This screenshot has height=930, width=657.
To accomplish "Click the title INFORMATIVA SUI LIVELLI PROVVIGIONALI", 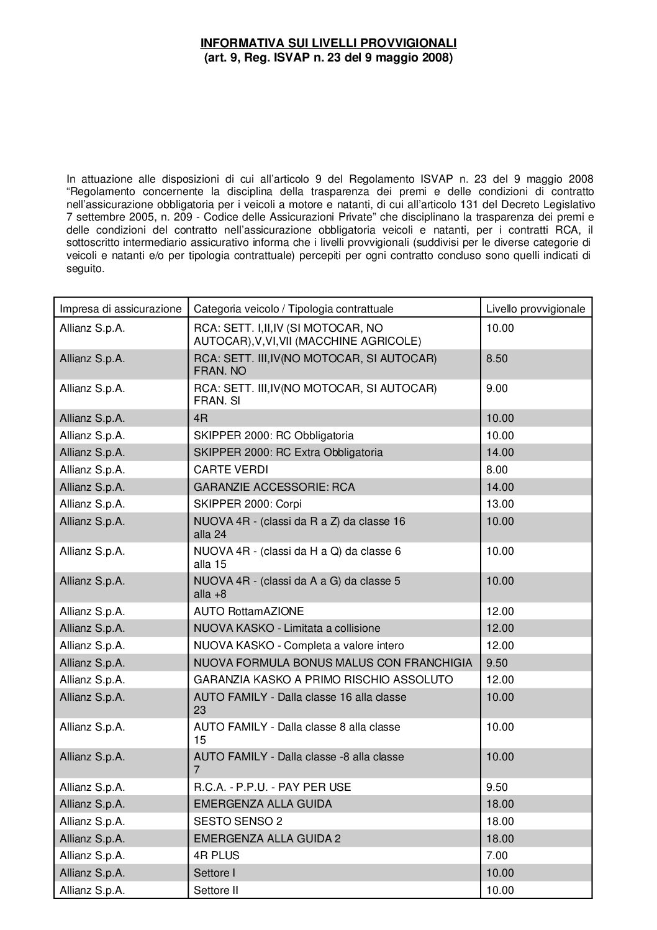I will coord(328,43).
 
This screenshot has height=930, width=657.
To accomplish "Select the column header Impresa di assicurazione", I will coord(120,309).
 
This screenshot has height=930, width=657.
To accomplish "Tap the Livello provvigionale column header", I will coord(535,309).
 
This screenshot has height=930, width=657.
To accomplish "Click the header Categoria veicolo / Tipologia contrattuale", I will coord(293,309).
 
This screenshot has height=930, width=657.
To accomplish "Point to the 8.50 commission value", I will coord(497,358).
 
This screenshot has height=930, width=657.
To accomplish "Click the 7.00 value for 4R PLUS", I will coord(497,855).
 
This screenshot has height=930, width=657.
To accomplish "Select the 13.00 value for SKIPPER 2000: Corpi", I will coord(500,504).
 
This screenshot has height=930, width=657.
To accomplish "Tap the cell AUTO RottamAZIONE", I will coord(249,611).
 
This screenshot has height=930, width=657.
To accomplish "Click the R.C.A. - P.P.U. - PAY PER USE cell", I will coord(272,787).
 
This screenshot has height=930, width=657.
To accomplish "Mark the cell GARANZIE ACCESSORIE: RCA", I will coord(274,487).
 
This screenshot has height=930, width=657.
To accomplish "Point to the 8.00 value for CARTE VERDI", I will coord(497,470).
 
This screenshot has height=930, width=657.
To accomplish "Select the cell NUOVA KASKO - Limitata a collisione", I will coord(287,628).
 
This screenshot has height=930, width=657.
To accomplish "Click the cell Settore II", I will coord(216,890).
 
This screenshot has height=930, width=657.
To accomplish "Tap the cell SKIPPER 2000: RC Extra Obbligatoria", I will coord(288,452).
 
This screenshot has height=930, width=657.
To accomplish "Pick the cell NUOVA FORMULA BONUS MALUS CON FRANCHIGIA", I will coord(333,663).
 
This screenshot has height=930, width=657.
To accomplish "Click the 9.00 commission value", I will coord(497,388).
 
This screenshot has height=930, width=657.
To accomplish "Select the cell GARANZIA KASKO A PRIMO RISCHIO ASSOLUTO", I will coord(323,680).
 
